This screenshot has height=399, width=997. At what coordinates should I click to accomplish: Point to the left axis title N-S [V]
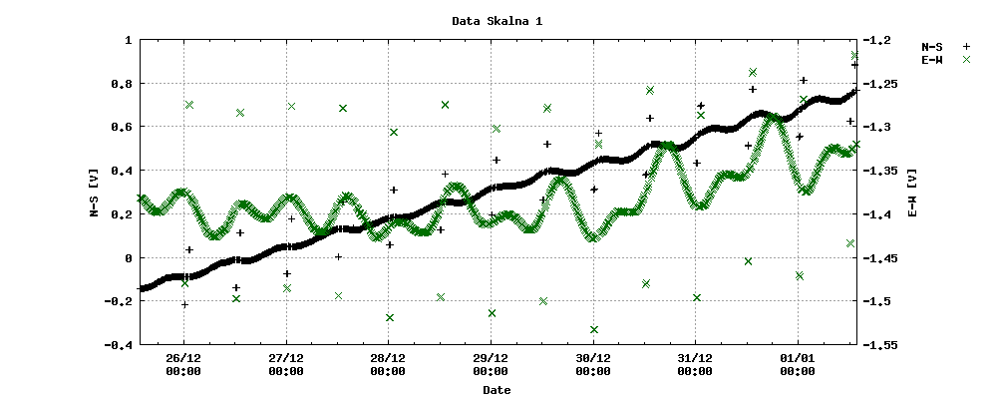pyautogui.click(x=94, y=193)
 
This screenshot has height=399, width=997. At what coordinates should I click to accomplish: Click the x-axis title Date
pyautogui.click(x=497, y=390)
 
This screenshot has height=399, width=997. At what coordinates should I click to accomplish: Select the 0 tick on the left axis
pyautogui.click(x=129, y=258)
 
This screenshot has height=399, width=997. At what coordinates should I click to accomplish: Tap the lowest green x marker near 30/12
pyautogui.click(x=594, y=329)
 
